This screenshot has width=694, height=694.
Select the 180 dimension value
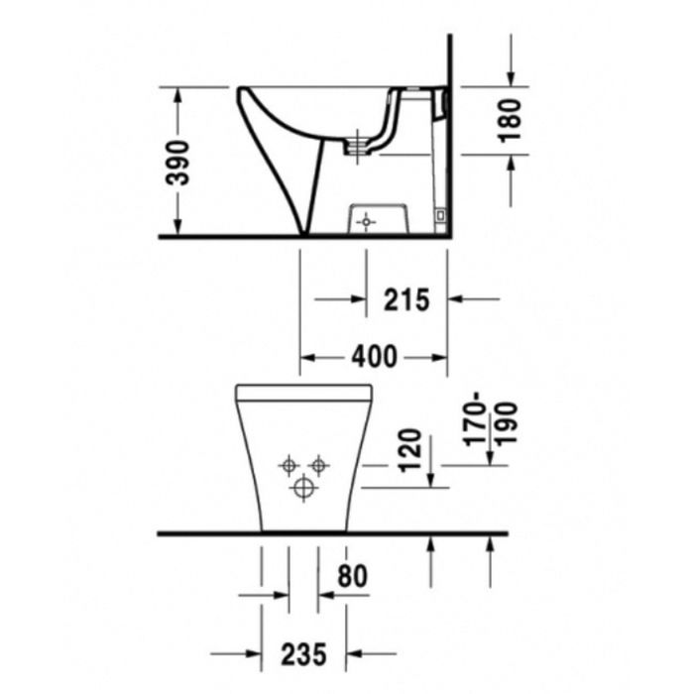point(510,120)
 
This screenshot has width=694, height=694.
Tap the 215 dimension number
point(406,297)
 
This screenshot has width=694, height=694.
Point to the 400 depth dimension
point(375,356)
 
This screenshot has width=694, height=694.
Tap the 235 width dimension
point(304,653)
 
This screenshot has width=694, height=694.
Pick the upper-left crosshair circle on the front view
point(289,464)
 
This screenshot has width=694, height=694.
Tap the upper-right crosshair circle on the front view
point(318,464)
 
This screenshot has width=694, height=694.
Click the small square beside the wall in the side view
point(441,213)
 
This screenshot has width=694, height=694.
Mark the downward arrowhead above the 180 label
point(510,78)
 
